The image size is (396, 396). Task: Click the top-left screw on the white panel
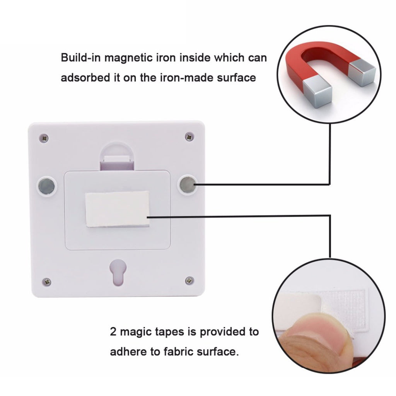(x=44, y=138)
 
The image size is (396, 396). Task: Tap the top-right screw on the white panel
(x=189, y=137)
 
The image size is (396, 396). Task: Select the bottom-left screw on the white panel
(x=46, y=282)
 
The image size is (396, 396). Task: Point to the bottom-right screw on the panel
(x=189, y=280)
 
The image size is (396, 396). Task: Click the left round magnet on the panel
(x=46, y=186)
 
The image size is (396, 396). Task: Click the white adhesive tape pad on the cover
(x=117, y=209)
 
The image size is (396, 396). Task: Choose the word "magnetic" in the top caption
(x=128, y=58)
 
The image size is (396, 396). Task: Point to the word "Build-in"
(x=80, y=58)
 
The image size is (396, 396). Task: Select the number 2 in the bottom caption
(x=113, y=332)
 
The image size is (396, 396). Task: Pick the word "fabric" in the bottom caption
(x=178, y=352)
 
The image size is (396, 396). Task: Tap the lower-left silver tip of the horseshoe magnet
(x=317, y=93)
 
